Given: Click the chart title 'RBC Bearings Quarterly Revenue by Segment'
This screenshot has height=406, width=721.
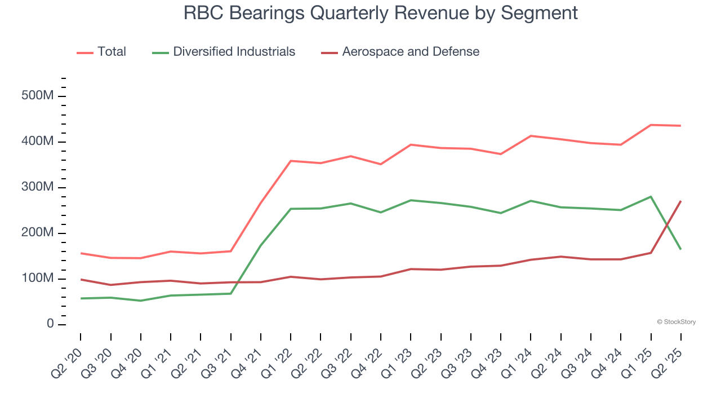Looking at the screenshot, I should point(381,13).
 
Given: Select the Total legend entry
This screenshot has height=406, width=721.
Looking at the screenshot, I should point(112,52).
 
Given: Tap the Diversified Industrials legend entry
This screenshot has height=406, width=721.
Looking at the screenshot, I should point(234,52).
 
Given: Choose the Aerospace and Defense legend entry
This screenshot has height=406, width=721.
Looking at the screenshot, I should point(411,52).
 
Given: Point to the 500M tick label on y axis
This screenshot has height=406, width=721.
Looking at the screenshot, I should point(37,96).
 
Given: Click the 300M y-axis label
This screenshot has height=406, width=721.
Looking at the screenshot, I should point(37,187).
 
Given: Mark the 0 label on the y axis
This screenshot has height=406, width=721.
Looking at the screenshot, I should point(50,324).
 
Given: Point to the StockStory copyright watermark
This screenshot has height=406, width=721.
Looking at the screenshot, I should point(677,322).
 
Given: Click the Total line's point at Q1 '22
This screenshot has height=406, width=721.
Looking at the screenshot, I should point(291,161).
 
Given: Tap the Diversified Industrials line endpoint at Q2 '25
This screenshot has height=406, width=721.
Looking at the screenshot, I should point(680,249).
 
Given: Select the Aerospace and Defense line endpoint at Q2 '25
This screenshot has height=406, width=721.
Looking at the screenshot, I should point(680,201).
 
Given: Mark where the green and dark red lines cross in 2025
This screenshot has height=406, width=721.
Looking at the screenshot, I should point(667,224).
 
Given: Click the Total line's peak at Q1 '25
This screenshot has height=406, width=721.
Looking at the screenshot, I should point(651,125).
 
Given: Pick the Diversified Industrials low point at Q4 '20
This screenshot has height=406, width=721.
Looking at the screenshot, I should point(140,301).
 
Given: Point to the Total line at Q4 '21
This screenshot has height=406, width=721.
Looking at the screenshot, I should point(261,202).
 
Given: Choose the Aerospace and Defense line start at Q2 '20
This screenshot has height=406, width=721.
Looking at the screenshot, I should point(81,279).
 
